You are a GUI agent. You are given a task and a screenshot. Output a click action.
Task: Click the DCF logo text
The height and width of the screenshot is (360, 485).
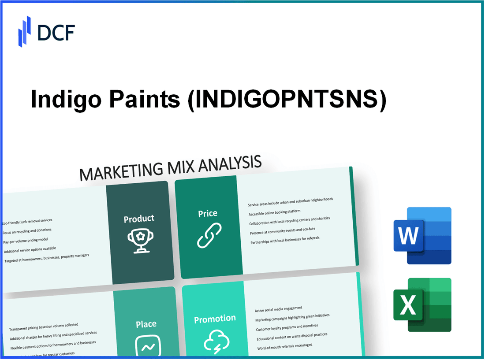click(x=56, y=32)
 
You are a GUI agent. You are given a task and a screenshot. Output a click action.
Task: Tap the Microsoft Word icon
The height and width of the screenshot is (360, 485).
click(x=422, y=235)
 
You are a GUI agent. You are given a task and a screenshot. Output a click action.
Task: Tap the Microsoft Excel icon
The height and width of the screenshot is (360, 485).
click(x=422, y=305)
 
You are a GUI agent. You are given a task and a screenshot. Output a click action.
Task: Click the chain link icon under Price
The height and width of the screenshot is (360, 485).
click(x=209, y=235)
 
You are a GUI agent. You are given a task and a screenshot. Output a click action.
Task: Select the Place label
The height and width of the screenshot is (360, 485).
click(x=146, y=324)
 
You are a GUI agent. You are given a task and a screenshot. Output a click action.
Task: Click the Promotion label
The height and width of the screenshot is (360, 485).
click(x=215, y=319)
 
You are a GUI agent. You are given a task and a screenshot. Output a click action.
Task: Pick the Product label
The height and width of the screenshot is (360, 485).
click(x=139, y=219)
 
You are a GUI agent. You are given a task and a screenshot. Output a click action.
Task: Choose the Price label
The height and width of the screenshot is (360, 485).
click(x=207, y=213)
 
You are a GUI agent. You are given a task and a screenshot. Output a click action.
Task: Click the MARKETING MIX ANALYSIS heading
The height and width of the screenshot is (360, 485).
click(x=170, y=168)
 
